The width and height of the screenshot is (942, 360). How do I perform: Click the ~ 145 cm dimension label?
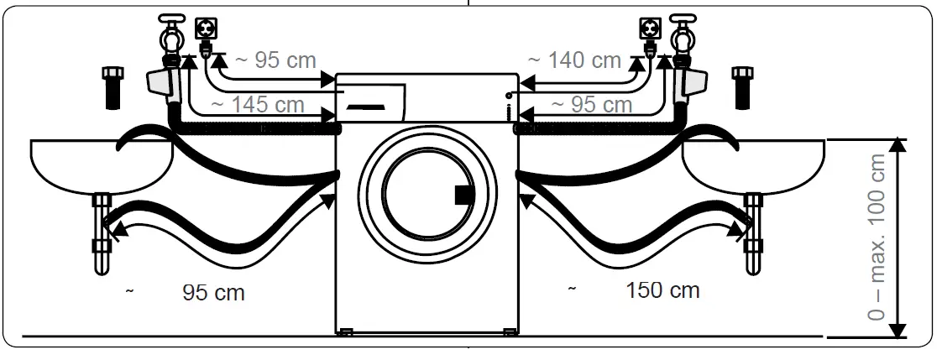click(257, 105)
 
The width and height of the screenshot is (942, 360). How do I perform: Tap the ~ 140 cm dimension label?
click(574, 60)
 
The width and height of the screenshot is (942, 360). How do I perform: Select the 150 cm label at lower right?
click(662, 290)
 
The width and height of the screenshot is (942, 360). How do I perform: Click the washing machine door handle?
click(463, 195)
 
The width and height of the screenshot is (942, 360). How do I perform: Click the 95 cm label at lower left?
click(213, 293)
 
